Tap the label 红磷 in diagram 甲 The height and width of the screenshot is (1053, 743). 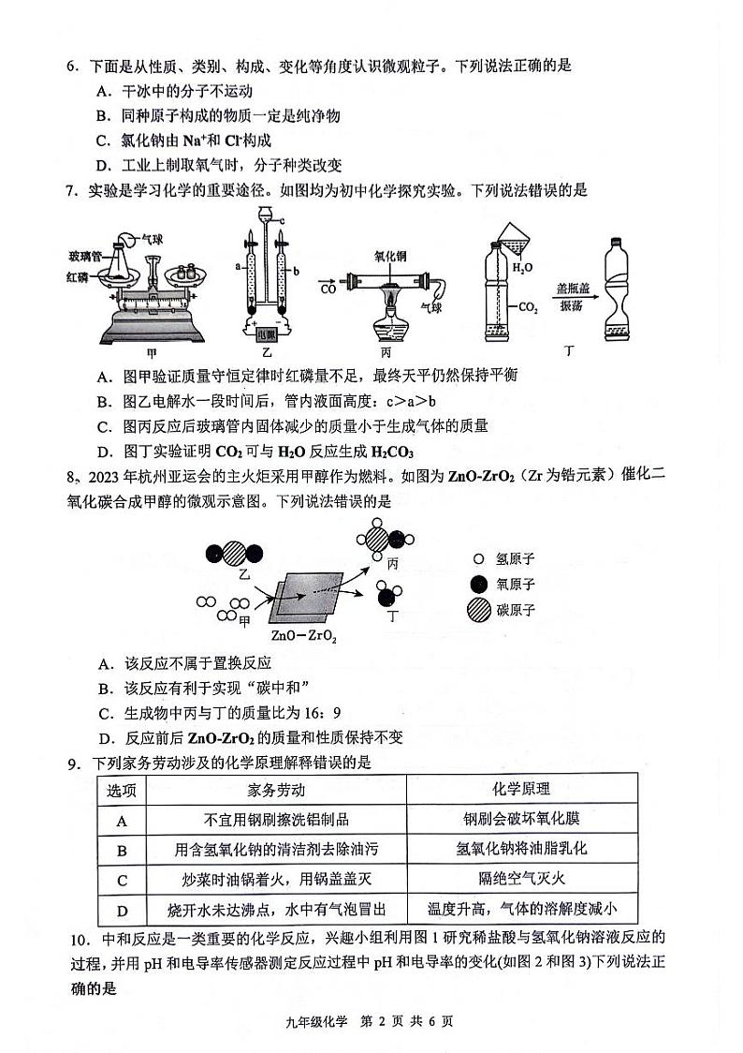point(79,276)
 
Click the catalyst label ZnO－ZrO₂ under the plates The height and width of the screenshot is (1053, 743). point(304,635)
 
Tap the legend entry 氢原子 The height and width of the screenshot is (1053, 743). point(514,559)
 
